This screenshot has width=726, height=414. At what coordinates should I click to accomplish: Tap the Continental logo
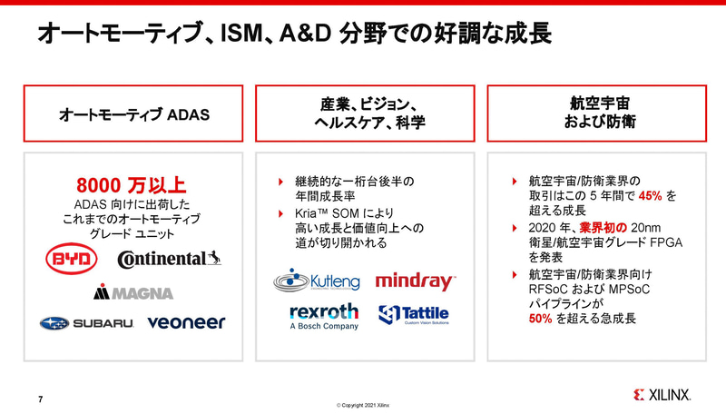click(169, 260)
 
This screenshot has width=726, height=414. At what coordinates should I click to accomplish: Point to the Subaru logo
click(86, 322)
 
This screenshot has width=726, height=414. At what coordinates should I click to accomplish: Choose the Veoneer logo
click(186, 322)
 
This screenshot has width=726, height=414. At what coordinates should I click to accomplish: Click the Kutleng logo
click(316, 281)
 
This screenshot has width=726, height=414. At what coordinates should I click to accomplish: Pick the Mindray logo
click(415, 281)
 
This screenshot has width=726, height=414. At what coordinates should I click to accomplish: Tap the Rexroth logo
click(324, 314)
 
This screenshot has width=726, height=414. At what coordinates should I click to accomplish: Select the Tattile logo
click(414, 315)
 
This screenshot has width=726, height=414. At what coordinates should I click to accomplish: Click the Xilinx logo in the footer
click(663, 395)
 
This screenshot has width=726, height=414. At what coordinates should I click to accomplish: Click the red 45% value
click(650, 195)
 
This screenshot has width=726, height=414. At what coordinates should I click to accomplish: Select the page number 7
click(40, 398)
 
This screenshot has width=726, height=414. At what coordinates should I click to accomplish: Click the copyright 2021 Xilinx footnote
click(363, 404)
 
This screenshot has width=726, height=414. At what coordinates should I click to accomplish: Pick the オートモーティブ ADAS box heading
click(134, 115)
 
